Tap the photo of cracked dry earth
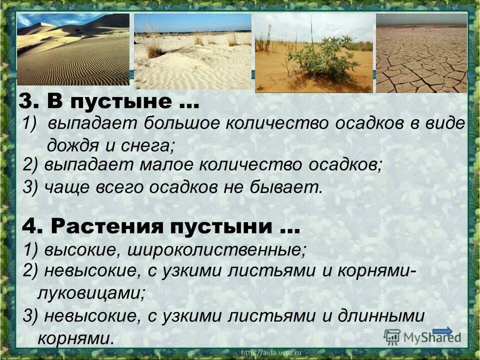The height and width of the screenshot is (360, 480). point(421,53)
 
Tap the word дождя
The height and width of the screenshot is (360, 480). point(71,146)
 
